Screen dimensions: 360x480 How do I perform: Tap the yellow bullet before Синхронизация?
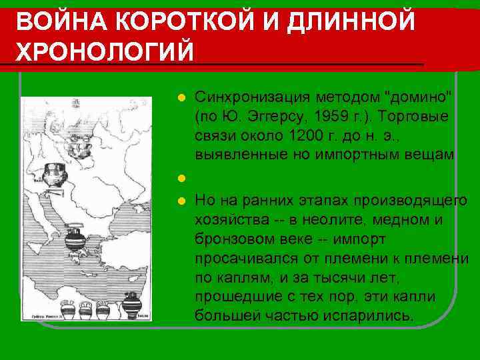pos(179,99)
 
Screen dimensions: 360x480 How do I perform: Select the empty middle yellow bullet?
pos(179,178)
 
